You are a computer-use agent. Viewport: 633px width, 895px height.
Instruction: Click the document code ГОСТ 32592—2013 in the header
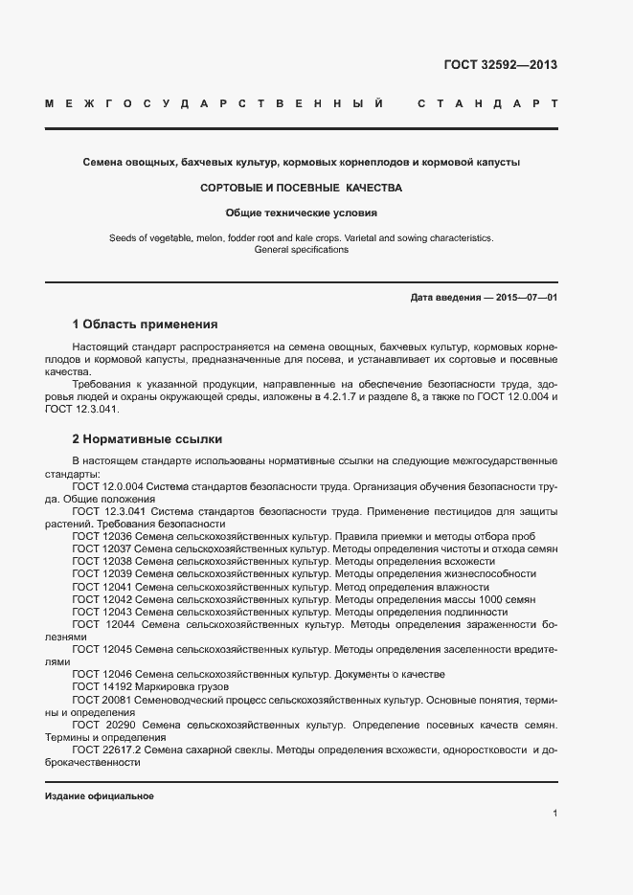(500, 65)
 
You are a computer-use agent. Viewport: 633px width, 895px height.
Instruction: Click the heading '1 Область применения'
(145, 324)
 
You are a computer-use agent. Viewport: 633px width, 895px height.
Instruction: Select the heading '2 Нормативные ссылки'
(147, 439)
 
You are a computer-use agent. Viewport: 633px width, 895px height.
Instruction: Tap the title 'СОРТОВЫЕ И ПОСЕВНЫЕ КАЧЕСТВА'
(301, 188)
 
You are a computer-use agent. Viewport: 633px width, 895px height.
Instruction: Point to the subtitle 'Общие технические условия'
(302, 213)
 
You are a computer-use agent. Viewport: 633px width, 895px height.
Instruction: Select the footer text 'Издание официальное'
(100, 796)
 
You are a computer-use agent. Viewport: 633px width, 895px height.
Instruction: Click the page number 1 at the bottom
(554, 814)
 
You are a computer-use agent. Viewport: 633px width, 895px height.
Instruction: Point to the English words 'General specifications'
(301, 250)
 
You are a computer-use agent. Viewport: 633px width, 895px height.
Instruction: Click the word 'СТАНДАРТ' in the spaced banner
(487, 102)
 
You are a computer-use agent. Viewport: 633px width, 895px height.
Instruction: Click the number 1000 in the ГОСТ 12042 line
(493, 599)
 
